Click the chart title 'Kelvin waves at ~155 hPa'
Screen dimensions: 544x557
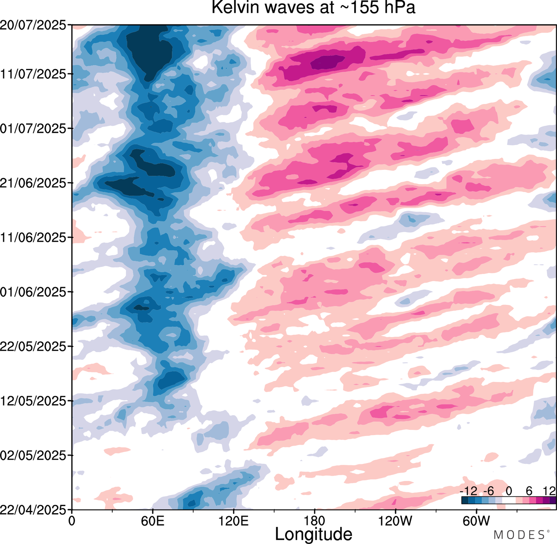313,8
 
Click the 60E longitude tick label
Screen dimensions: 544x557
153,521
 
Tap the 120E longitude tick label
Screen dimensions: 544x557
234,521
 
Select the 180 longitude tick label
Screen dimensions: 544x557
315,521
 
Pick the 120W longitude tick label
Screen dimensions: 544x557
396,521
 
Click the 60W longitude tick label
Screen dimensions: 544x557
476,521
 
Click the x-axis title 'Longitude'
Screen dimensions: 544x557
313,534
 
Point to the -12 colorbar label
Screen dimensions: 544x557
469,491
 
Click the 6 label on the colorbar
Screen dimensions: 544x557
529,491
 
